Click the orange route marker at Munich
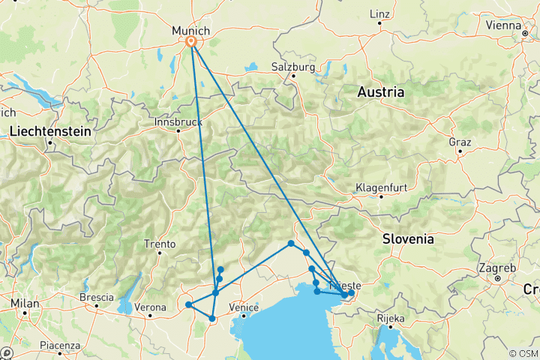tap(191, 43)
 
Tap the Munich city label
tap(191, 30)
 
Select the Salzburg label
tap(292, 67)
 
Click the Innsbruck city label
tap(178, 121)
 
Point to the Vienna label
tap(503, 25)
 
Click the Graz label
tap(459, 142)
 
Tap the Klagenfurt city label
tap(380, 187)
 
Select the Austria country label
tap(380, 92)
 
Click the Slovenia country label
tap(407, 239)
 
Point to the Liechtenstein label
tap(51, 131)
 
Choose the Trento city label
tap(160, 244)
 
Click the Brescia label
tap(96, 297)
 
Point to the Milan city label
tap(24, 302)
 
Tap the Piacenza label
tap(61, 345)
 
